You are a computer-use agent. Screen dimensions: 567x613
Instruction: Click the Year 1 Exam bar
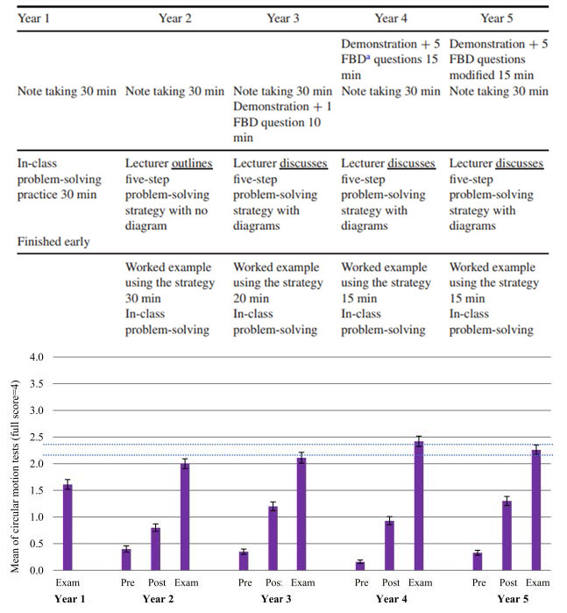[x=67, y=527]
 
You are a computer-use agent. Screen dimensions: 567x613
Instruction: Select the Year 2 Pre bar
[x=126, y=560]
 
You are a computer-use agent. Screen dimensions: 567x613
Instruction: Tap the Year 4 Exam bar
[x=419, y=506]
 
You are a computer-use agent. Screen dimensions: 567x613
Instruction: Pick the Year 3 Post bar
[x=273, y=538]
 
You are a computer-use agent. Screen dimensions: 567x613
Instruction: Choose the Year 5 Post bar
[x=507, y=536]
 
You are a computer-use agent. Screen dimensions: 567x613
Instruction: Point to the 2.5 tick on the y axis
[x=36, y=437]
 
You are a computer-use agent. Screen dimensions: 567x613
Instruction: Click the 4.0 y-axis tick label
[x=36, y=357]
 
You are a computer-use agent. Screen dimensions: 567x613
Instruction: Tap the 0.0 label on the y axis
[x=36, y=570]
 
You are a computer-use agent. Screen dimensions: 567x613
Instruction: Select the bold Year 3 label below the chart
[x=276, y=599]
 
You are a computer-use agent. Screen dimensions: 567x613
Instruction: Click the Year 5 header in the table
[x=497, y=18]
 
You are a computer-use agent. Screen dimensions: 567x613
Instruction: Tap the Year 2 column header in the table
[x=175, y=18]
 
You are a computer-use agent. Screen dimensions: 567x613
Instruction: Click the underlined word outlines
[x=192, y=163]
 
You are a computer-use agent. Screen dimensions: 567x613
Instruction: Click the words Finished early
[x=53, y=241]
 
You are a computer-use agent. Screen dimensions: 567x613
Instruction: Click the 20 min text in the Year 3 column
[x=251, y=299]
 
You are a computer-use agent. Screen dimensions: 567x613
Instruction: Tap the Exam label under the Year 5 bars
[x=537, y=583]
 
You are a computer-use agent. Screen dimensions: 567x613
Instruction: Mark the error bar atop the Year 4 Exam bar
[x=419, y=442]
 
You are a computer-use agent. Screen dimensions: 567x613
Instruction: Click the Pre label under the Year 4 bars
[x=362, y=583]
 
